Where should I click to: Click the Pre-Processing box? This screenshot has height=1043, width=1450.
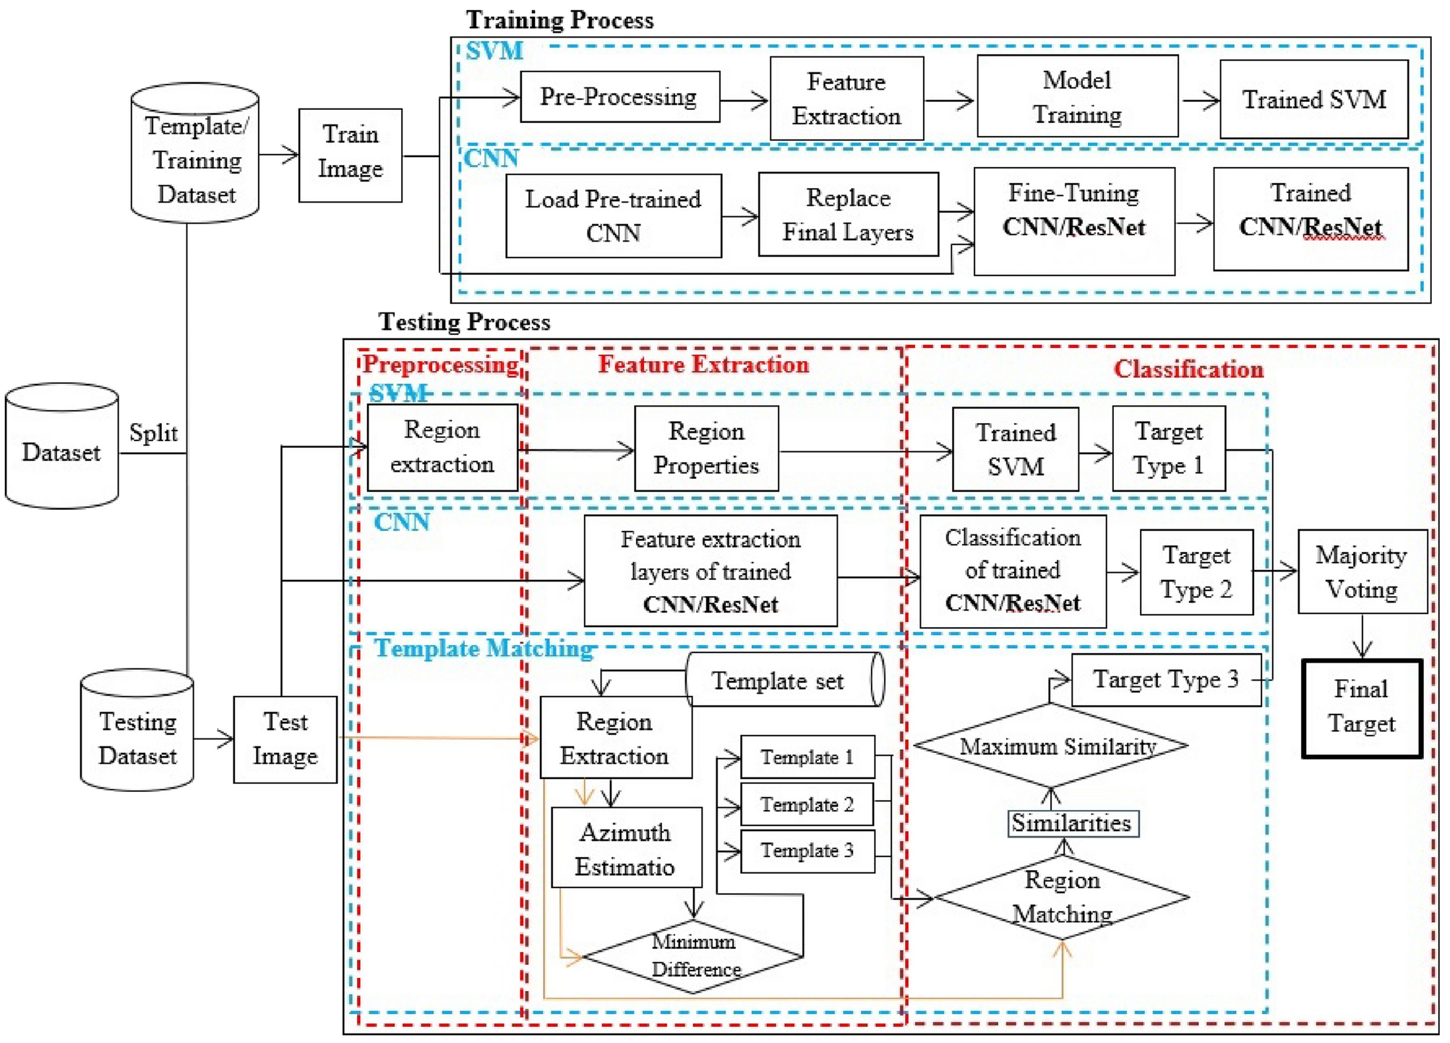pos(619,96)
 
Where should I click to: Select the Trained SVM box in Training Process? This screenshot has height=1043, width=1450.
pos(1313,99)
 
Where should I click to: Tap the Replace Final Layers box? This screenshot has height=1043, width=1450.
pos(848,214)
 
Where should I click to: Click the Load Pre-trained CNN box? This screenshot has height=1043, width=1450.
pos(613,216)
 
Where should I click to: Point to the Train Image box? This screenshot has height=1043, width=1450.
pos(350,155)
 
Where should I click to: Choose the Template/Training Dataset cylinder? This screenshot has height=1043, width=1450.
pos(195,153)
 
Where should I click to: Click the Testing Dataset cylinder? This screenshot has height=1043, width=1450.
pos(137,729)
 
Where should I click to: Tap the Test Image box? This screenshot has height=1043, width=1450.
pos(285,739)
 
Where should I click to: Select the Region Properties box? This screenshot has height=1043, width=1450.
pos(706,448)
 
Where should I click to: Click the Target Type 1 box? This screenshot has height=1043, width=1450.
pos(1168,448)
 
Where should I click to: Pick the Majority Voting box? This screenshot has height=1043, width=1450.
pos(1362,571)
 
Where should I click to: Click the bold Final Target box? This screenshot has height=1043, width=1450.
pos(1362,708)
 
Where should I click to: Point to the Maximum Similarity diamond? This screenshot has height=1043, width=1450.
pos(1050,746)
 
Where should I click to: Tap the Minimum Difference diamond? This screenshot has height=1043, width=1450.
pos(692,956)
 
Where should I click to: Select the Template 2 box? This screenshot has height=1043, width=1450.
pos(807,804)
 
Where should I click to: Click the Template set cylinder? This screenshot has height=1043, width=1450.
pos(785,680)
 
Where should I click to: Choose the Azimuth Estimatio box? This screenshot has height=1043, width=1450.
pos(626,848)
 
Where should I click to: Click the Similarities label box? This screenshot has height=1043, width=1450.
pos(1073,823)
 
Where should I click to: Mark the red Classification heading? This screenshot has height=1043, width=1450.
pos(1188,369)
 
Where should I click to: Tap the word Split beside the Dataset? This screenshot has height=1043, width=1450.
pos(153,433)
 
